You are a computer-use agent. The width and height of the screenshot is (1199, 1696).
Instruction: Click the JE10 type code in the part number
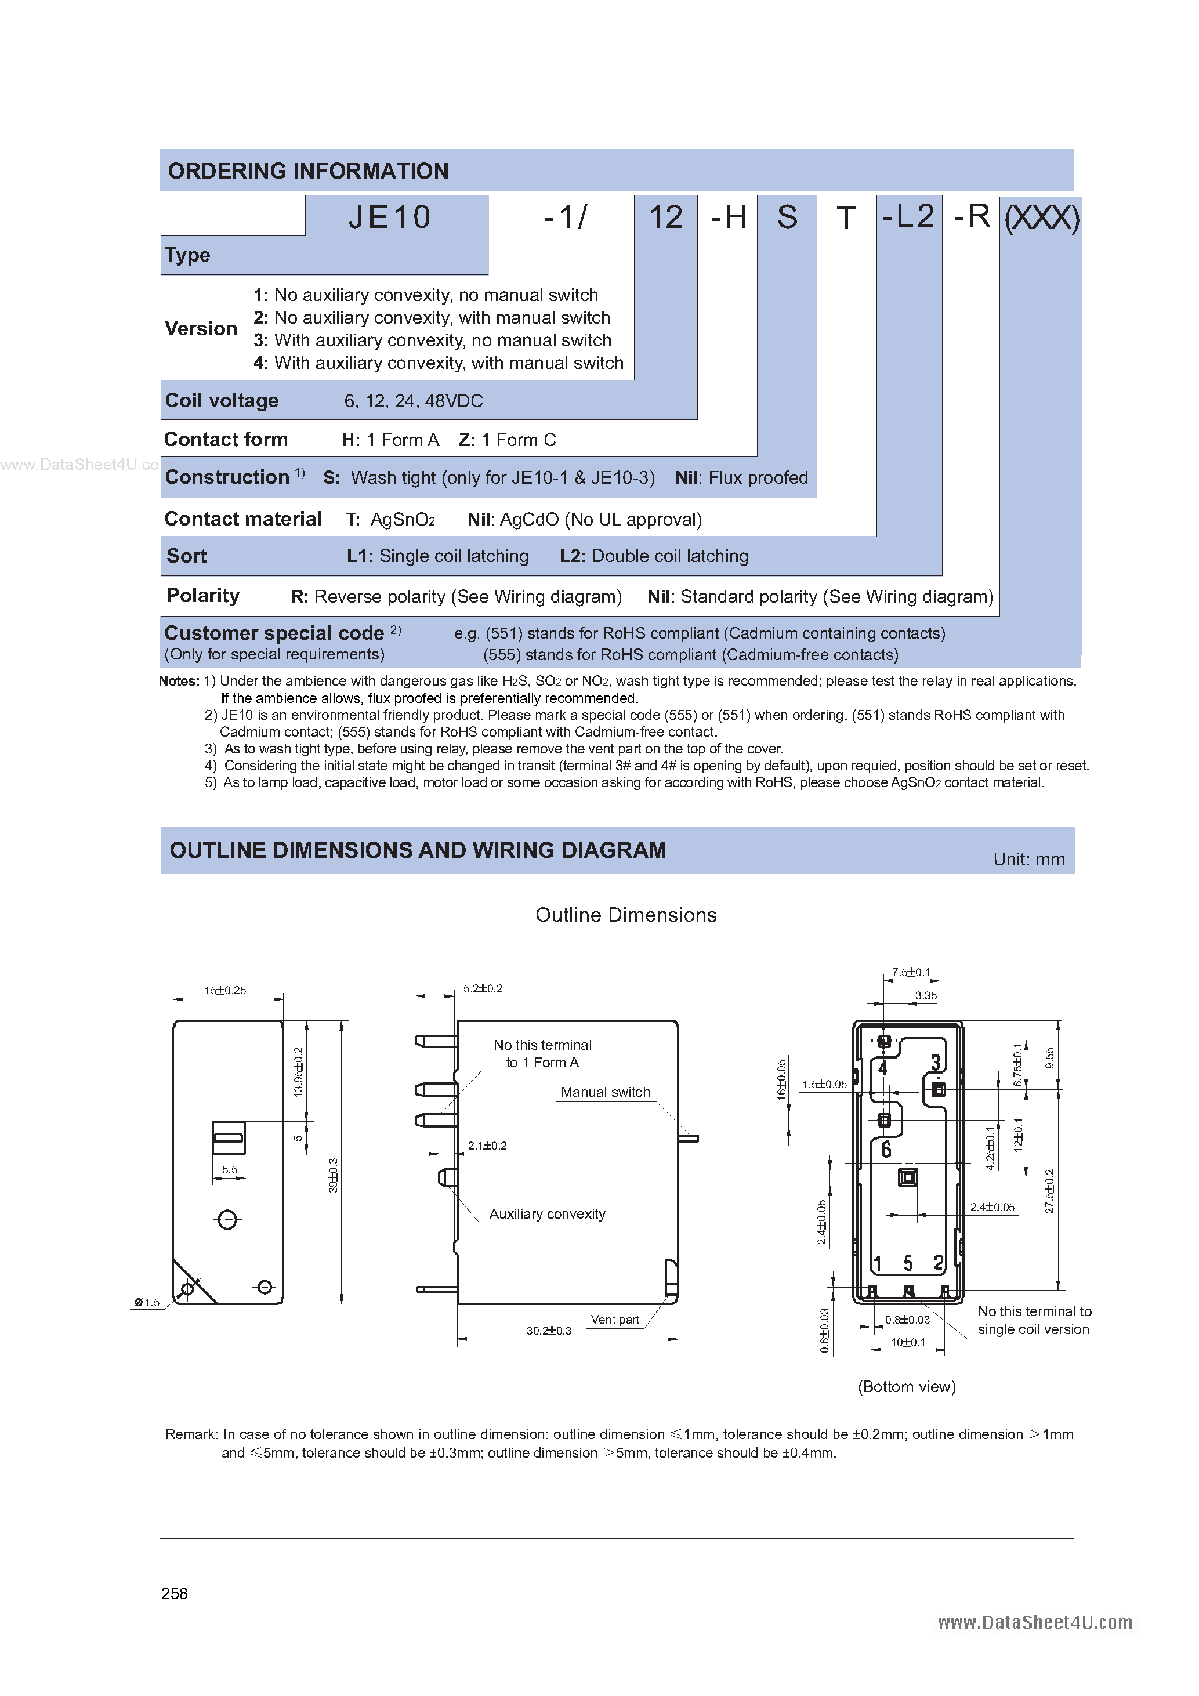click(389, 217)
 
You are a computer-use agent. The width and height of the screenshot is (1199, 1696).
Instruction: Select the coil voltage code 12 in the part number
click(665, 217)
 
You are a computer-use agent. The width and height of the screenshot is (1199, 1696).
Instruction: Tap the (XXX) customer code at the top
click(1041, 217)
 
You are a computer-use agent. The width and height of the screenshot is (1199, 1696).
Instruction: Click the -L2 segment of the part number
click(908, 216)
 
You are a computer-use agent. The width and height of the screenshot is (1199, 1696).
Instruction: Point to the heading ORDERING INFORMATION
click(308, 171)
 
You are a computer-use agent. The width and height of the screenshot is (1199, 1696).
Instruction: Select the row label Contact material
click(242, 519)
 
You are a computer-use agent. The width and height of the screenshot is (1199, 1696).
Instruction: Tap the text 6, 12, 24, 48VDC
click(413, 401)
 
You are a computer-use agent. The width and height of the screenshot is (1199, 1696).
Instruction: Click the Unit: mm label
click(1028, 859)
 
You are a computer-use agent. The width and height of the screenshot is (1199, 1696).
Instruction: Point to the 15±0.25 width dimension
click(224, 990)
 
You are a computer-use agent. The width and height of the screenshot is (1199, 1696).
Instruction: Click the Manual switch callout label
click(605, 1092)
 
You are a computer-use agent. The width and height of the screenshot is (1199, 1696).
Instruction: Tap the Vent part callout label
click(615, 1320)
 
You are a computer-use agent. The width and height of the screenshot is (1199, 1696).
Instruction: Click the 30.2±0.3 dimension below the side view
click(548, 1331)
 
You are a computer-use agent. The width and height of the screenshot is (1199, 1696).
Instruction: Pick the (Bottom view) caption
click(907, 1386)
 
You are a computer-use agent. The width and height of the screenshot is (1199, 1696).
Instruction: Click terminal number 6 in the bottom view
click(886, 1150)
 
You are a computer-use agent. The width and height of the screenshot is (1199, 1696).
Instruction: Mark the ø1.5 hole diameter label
click(147, 1302)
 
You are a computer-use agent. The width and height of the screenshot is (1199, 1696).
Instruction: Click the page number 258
click(175, 1593)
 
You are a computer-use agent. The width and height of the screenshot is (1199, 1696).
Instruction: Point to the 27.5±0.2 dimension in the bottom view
click(1050, 1191)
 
